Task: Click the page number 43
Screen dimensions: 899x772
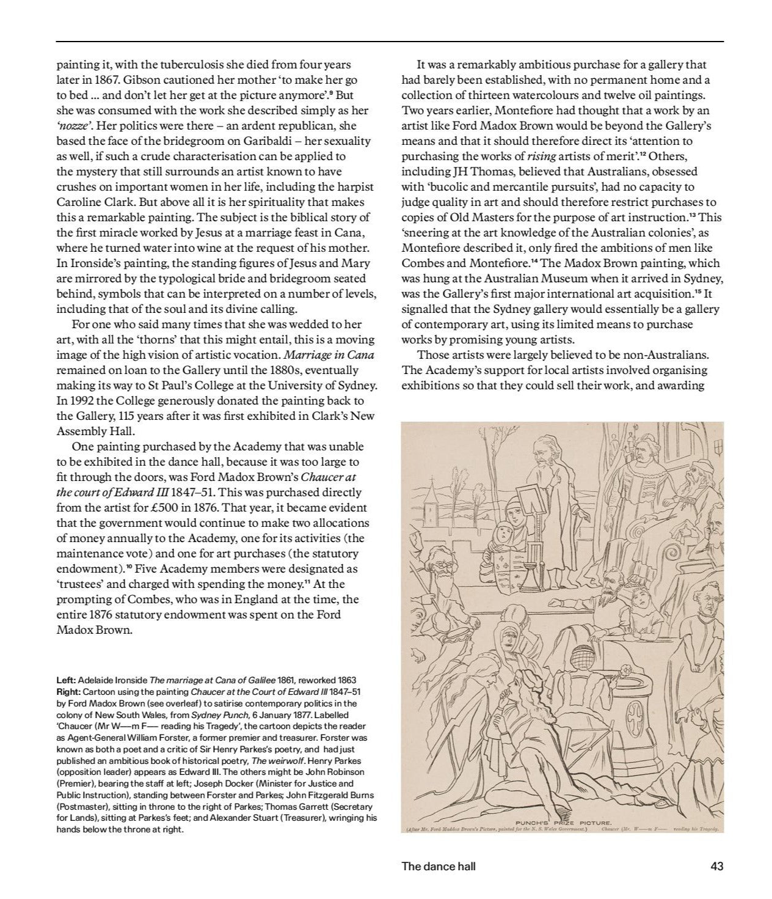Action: tap(716, 865)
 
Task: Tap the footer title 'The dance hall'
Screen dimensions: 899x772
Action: tap(438, 865)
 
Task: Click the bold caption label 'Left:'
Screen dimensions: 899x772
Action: tap(67, 680)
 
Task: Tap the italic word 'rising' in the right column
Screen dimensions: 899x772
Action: tap(541, 156)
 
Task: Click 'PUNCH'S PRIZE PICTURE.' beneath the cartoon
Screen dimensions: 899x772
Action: tap(559, 823)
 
